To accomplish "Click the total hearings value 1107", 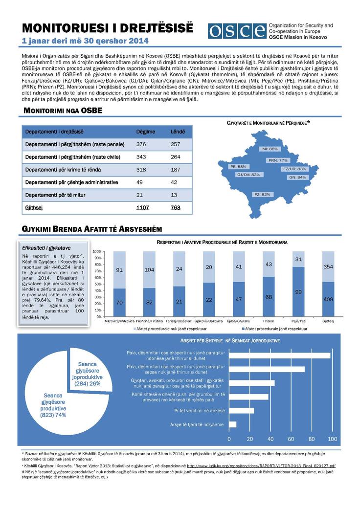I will [142, 207].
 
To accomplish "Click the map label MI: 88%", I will [270, 149].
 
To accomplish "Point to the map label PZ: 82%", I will [262, 194].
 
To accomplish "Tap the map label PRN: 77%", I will [277, 160].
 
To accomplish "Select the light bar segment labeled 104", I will [150, 269].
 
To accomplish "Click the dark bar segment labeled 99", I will [299, 291].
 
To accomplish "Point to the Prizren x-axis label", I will [269, 321].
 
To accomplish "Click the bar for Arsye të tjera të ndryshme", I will [232, 424].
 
